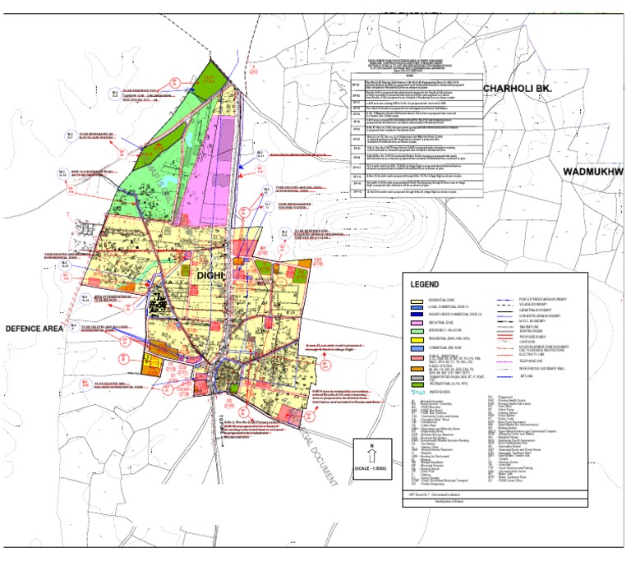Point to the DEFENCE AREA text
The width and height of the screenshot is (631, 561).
click(x=35, y=328)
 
